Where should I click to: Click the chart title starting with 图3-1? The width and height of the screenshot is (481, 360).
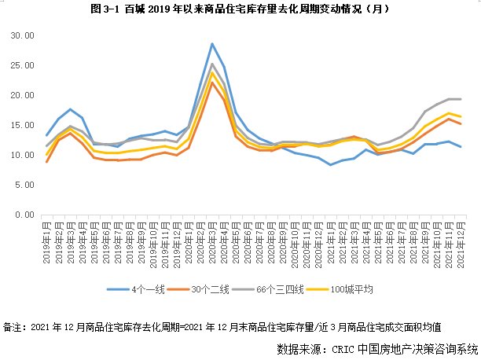pyautogui.click(x=240, y=9)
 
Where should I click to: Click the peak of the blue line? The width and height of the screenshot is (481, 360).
pyautogui.click(x=212, y=44)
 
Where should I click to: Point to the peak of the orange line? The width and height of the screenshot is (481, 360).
pyautogui.click(x=212, y=83)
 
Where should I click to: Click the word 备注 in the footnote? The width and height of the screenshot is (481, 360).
pyautogui.click(x=13, y=325)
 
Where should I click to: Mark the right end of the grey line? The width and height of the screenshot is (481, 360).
pyautogui.click(x=460, y=99)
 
